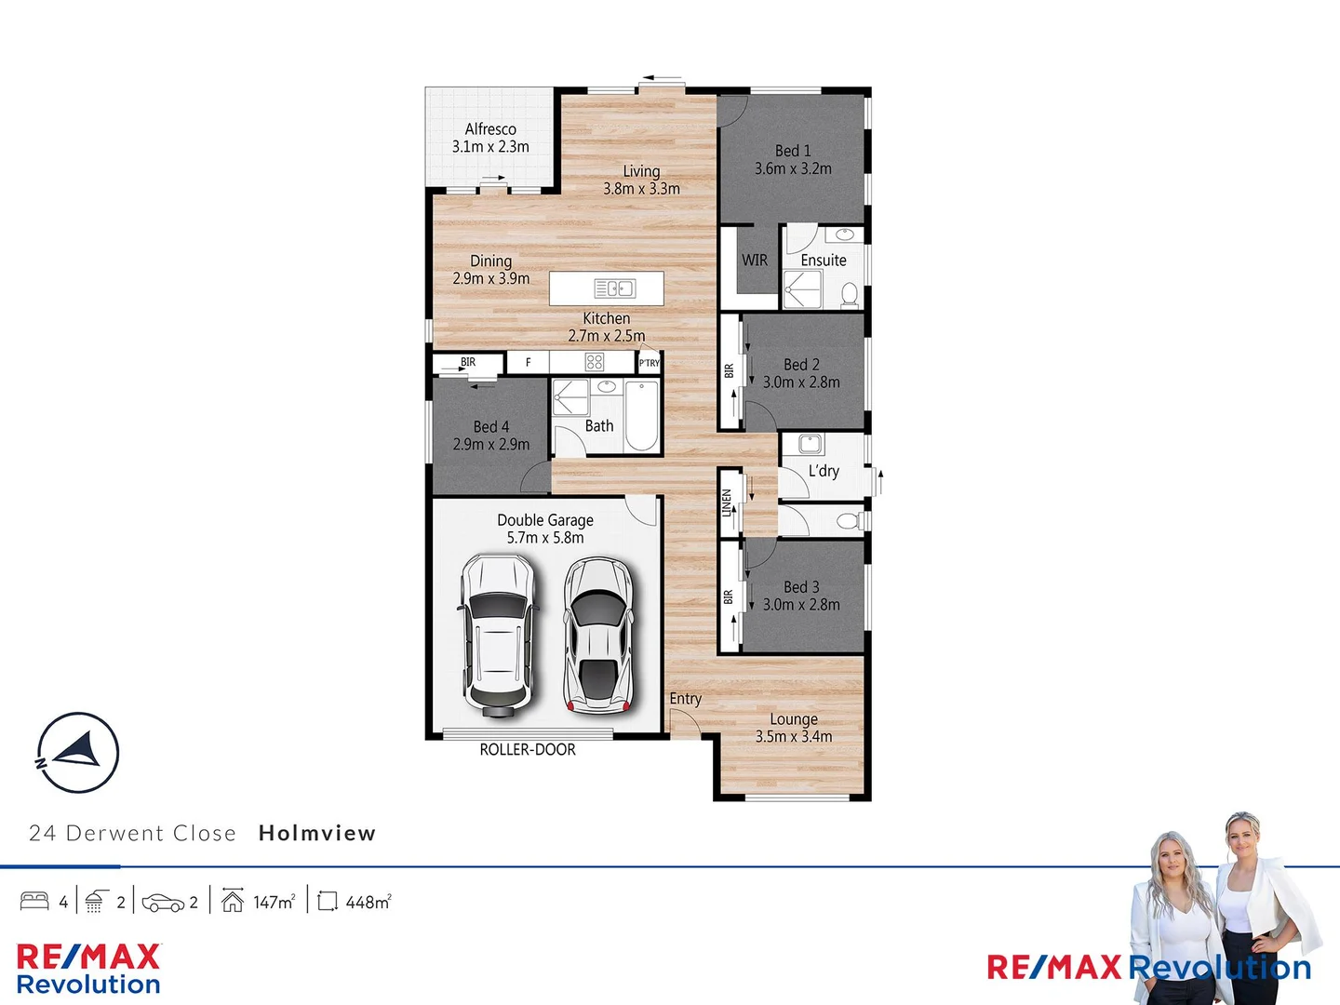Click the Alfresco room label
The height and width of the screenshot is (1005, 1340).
[x=490, y=129]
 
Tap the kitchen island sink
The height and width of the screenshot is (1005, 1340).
[x=615, y=288]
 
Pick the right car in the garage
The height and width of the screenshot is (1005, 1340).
[x=598, y=635]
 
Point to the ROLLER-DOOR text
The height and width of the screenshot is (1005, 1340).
[x=528, y=750]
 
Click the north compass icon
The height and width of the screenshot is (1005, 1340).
[x=78, y=753]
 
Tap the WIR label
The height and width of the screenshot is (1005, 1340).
[x=755, y=261]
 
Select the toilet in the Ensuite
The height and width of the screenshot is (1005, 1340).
[x=849, y=295]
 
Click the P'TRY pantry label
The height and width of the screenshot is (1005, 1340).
[x=649, y=363]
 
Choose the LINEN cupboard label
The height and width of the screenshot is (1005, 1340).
[x=728, y=503]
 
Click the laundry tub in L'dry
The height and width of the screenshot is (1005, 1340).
[x=811, y=444]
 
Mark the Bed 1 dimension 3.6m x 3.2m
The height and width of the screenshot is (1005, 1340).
[x=793, y=168]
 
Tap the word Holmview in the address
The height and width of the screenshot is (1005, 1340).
[x=317, y=833]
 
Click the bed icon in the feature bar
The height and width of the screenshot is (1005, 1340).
[x=34, y=902]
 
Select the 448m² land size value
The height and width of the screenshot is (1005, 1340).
[x=368, y=902]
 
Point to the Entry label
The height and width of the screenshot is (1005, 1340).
[x=686, y=699]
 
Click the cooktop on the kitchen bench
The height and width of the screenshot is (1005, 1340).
[x=595, y=362]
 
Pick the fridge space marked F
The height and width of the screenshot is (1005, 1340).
[x=528, y=363]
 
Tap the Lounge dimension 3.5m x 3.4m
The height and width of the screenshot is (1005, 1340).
[x=794, y=737]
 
